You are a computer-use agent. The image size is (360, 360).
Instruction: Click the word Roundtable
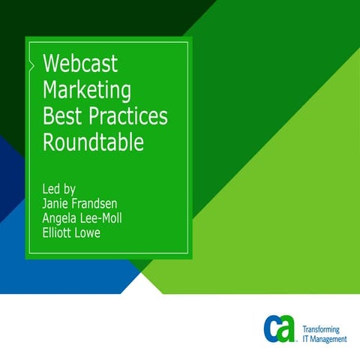[x=93, y=142]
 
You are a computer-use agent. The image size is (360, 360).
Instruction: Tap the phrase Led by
[x=59, y=187]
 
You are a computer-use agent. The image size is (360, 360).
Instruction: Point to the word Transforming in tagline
[x=320, y=330]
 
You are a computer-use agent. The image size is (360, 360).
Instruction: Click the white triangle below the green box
[x=142, y=283]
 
